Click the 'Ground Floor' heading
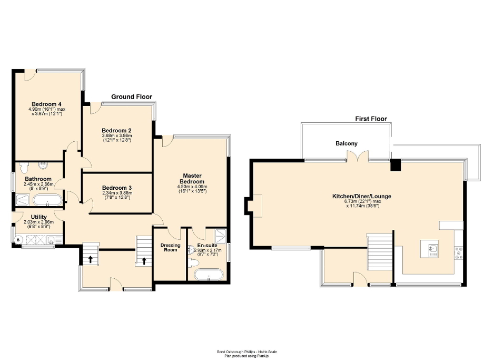tap(131, 97)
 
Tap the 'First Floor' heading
tap(371, 119)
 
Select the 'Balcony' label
tap(347, 143)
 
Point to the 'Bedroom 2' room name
tap(117, 131)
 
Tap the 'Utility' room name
tap(39, 217)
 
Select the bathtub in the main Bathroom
tap(47, 200)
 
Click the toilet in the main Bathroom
tap(23, 168)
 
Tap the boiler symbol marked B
tap(19, 240)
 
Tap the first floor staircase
tap(380, 252)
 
